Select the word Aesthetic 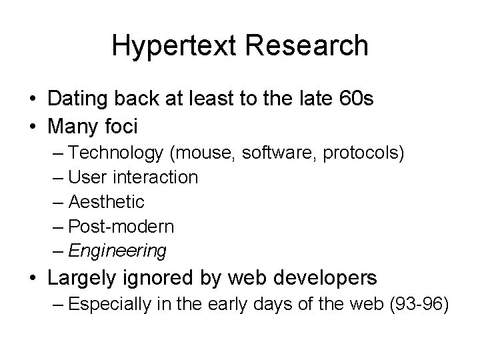[x=107, y=202]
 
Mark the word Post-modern [x=121, y=227]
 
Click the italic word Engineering [x=118, y=251]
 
